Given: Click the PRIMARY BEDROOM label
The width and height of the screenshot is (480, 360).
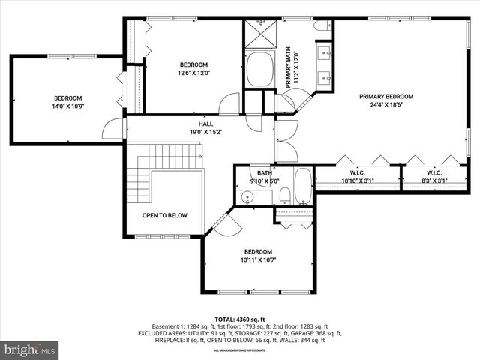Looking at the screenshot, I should point(386,96).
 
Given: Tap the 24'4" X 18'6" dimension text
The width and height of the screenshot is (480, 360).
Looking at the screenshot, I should point(386,106).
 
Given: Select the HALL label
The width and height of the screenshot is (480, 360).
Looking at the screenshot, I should point(205,124).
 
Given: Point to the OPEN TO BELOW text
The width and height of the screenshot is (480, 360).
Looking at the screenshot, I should point(165,215).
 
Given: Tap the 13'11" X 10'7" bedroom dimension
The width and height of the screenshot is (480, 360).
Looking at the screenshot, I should point(257,260).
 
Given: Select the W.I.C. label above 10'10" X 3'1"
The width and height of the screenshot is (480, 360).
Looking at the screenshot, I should point(357,172).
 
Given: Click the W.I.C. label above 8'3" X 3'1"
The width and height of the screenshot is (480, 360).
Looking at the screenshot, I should point(436,172).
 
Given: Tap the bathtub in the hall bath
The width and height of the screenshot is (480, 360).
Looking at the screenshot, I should point(303,187).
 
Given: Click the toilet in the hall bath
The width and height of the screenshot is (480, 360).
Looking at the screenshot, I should point(285,197).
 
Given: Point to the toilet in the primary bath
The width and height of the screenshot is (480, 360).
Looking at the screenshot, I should point(322,27).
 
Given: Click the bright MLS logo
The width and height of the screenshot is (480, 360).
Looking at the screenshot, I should point(30,349).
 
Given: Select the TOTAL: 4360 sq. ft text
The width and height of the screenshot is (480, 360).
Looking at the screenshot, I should point(239,319).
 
